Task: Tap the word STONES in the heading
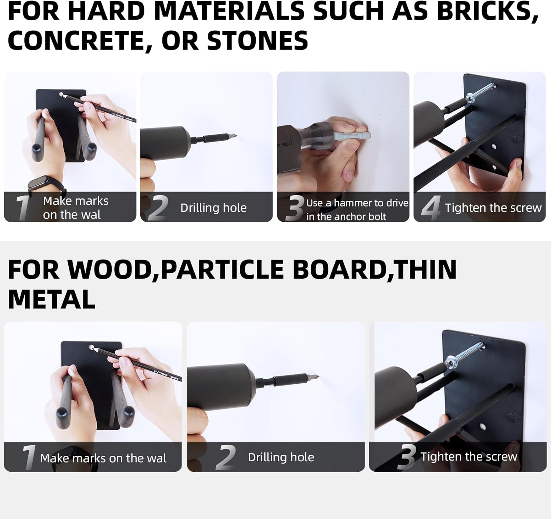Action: coord(258,40)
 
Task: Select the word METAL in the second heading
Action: coord(51,299)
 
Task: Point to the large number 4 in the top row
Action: coord(431,207)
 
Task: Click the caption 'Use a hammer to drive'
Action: coord(357,203)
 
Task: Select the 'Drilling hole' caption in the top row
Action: coord(213,208)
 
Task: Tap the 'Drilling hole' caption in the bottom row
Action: coord(281,457)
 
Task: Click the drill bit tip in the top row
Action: coord(235,136)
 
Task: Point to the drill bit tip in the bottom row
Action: coord(316,377)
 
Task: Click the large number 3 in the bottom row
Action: coord(406,457)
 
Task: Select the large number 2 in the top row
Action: coord(158,208)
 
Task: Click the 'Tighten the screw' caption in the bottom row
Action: coord(469,457)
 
